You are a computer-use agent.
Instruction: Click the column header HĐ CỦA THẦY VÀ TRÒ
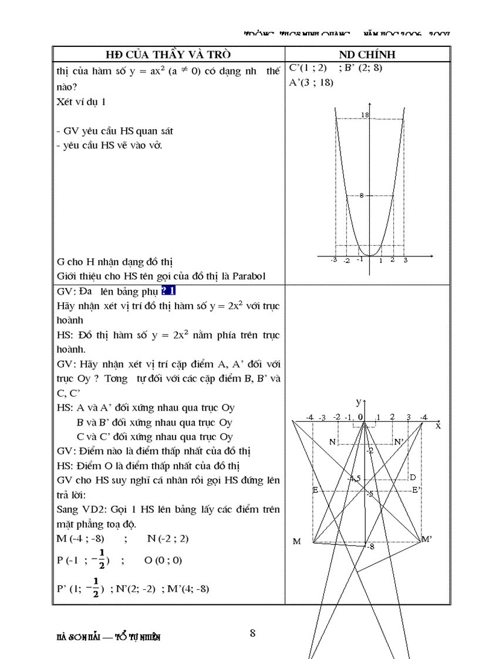[168, 55]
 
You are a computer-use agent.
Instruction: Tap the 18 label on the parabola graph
[365, 115]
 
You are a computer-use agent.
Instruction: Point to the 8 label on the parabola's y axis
[362, 195]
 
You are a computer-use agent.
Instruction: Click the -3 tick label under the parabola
[333, 261]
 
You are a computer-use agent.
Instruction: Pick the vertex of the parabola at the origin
[369, 256]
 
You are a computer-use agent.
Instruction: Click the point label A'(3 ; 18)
[311, 83]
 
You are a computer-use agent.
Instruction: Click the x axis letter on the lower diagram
[438, 427]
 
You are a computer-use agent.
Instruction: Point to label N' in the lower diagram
[399, 442]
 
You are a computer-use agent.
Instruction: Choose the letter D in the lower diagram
[413, 477]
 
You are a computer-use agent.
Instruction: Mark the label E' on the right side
[416, 490]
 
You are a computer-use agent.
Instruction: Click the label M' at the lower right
[427, 539]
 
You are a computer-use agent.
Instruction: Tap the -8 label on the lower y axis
[370, 547]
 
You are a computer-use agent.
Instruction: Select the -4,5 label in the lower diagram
[354, 478]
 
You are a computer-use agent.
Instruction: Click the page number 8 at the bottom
[252, 633]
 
